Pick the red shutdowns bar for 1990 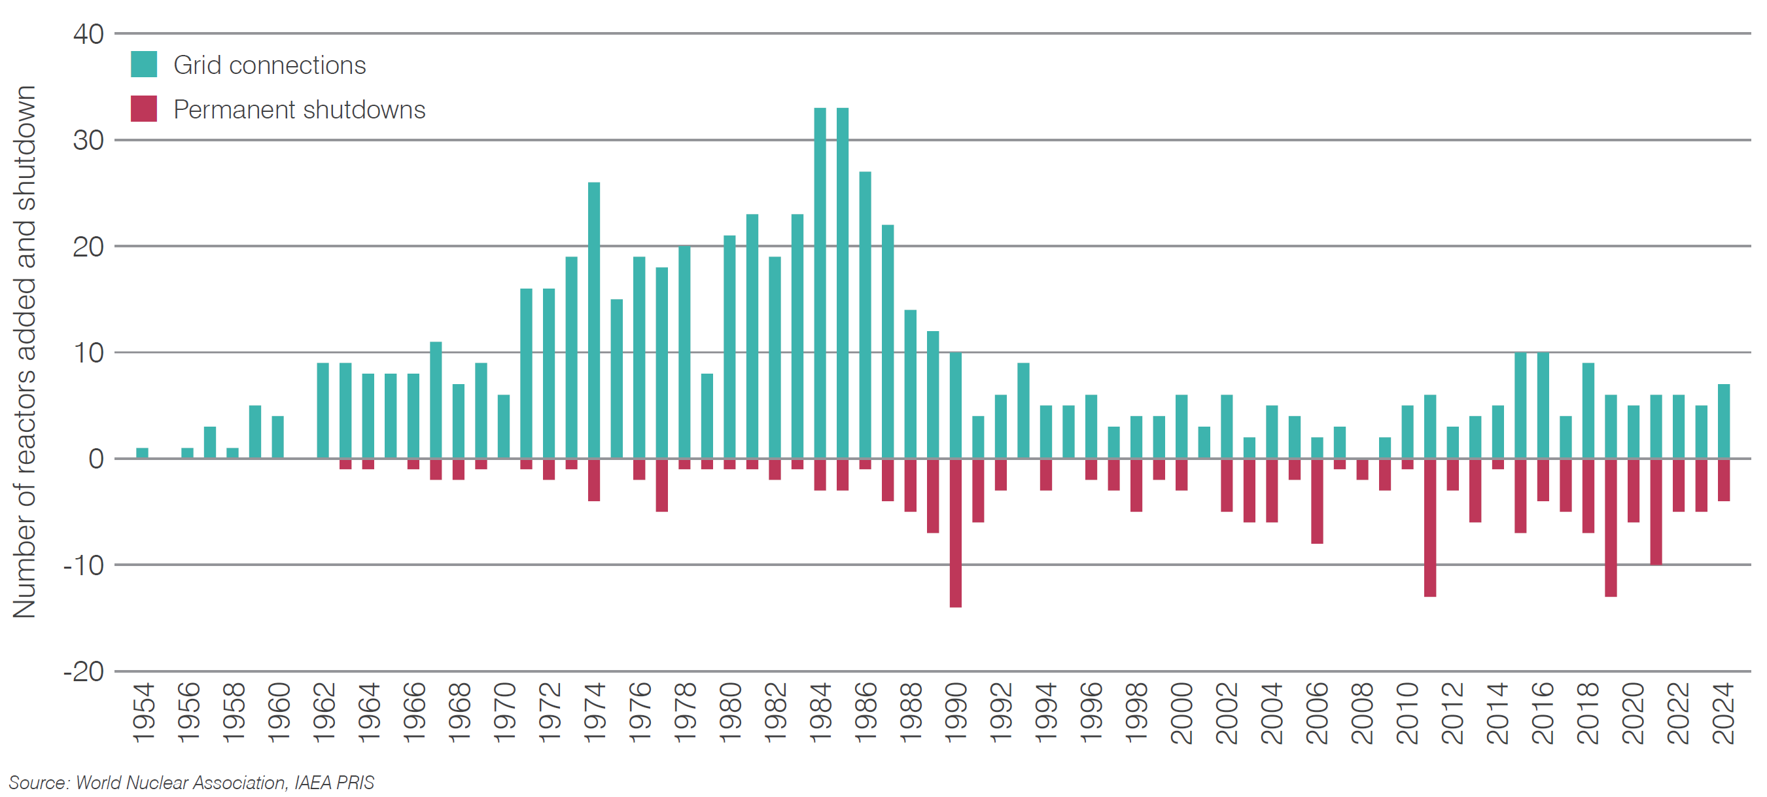tap(956, 533)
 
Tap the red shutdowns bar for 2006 tap(1316, 501)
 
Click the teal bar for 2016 tap(1543, 405)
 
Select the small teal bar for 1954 tap(142, 453)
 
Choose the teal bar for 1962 tap(323, 411)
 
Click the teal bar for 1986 tap(865, 315)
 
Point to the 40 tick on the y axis tap(88, 34)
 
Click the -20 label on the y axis tap(84, 671)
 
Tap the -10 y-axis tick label tap(84, 566)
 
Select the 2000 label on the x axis tap(1181, 713)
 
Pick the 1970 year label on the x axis tap(504, 713)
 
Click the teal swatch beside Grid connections tap(143, 65)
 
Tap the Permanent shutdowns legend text tap(299, 110)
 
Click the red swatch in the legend tap(143, 109)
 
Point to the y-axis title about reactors tap(24, 352)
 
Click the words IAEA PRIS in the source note tap(334, 783)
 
